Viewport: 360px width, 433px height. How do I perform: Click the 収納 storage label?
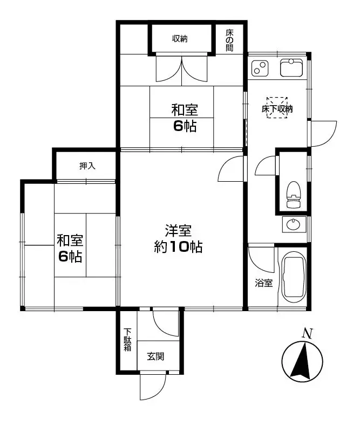[180, 38]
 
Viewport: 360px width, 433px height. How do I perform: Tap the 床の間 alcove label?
[229, 39]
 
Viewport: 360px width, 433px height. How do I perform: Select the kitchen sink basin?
[293, 68]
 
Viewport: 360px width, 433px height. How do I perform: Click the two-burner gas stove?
[260, 68]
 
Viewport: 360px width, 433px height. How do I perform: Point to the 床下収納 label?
[277, 108]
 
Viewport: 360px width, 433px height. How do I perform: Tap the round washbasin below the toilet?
[293, 224]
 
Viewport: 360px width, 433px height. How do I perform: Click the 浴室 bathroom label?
[264, 283]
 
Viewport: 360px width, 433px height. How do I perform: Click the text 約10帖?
[178, 248]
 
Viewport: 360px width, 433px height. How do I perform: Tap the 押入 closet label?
[87, 166]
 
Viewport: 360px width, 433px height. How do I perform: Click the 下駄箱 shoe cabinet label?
[127, 340]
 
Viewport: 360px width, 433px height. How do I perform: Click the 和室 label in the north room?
[184, 111]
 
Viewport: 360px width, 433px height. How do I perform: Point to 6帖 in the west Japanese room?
[70, 256]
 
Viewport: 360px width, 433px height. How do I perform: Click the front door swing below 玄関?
[152, 387]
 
